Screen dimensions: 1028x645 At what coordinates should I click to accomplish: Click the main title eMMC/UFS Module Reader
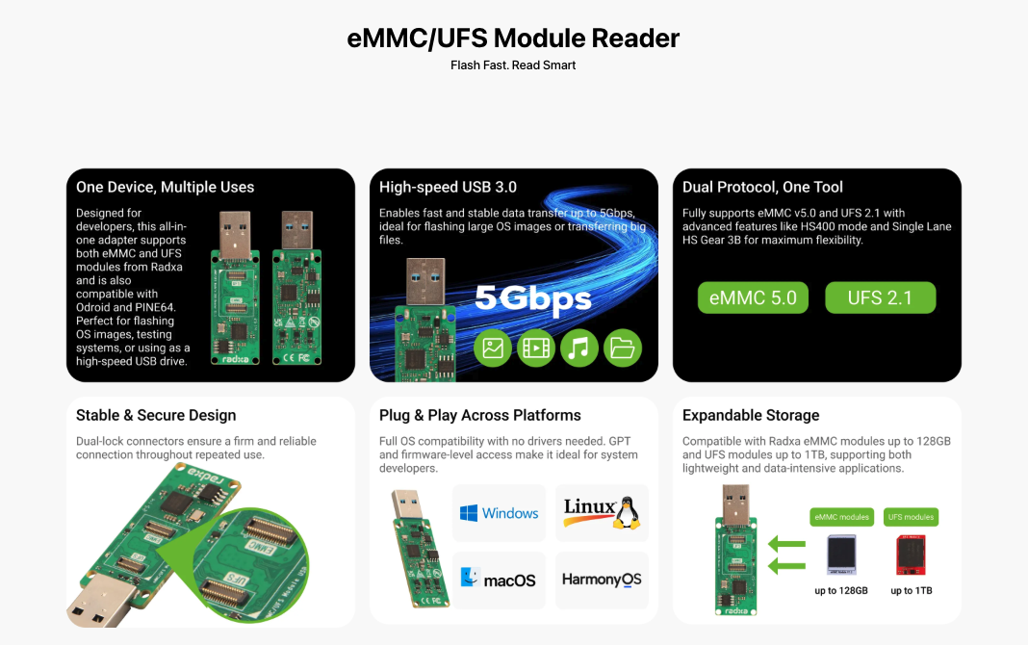[x=513, y=39]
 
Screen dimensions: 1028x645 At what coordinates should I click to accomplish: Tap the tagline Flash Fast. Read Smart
[x=513, y=65]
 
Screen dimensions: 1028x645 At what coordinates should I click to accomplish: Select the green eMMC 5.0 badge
[x=753, y=297]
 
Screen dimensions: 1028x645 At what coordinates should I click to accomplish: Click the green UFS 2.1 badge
[x=880, y=297]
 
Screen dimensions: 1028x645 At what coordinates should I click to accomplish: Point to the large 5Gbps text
[x=532, y=298]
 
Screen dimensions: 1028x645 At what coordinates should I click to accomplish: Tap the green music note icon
[x=578, y=348]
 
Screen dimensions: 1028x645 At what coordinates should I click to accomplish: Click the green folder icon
[x=622, y=348]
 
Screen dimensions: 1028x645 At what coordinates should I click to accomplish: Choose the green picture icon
[x=493, y=348]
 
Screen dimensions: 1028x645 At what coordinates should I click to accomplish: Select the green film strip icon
[x=536, y=348]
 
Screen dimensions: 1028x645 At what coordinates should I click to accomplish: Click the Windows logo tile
[x=499, y=513]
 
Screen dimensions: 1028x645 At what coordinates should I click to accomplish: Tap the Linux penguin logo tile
[x=602, y=512]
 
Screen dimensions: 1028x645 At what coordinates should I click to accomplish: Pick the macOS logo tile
[x=499, y=580]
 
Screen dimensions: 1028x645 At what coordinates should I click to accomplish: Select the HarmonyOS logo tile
[x=602, y=580]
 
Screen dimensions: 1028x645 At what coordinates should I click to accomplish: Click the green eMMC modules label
[x=841, y=517]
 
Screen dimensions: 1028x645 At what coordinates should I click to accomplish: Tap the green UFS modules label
[x=911, y=517]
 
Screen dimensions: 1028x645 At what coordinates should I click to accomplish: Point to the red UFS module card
[x=911, y=555]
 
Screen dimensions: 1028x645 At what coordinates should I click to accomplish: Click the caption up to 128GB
[x=841, y=590]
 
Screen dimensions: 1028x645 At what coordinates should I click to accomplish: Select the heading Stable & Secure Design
[x=156, y=416]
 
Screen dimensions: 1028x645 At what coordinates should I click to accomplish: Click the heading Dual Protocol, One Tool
[x=762, y=187]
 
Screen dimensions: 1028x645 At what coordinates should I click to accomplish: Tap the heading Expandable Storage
[x=751, y=416]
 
